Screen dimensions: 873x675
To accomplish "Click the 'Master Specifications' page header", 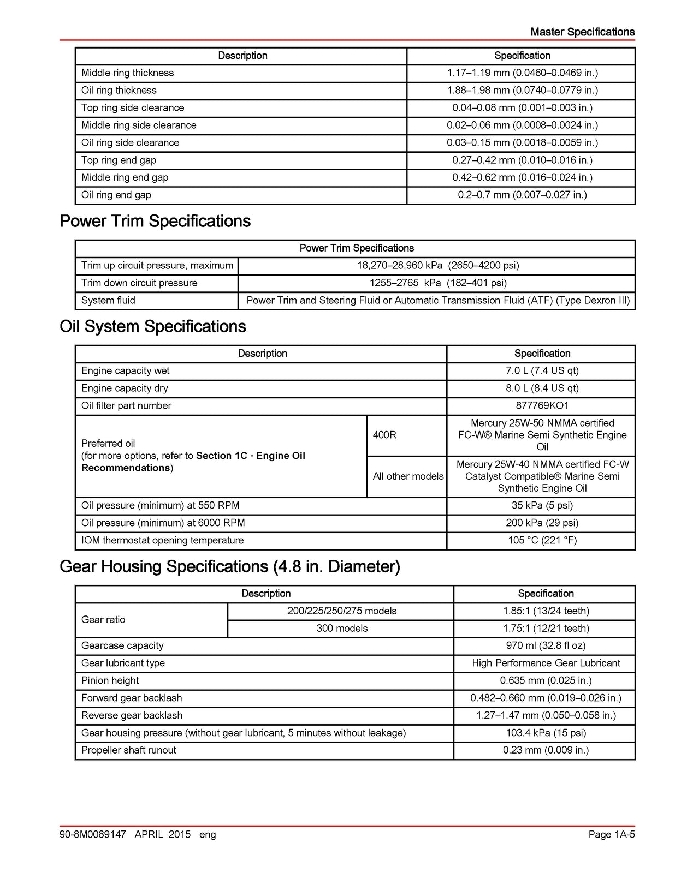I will coord(582,32).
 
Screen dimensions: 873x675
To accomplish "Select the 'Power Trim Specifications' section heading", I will coord(155,221).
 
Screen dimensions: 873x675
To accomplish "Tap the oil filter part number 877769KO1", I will coord(542,405).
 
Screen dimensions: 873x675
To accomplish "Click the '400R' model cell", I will coord(384,435).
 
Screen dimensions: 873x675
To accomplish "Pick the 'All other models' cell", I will coord(408,476).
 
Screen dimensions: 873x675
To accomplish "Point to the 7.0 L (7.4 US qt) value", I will coord(542,370).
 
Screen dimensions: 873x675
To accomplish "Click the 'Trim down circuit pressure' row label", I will coord(139,283).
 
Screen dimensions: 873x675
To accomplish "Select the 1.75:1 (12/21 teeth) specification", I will coord(546,628).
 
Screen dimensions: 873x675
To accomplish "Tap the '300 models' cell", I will coord(342,628).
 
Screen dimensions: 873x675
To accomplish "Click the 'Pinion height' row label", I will coord(110,680).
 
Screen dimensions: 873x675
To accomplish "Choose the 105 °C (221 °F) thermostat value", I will coord(542,540).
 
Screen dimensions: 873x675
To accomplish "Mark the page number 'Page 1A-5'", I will coord(611,834).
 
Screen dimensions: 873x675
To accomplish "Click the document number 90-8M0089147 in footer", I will coord(93,834).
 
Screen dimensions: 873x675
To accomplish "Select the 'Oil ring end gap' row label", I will coord(116,195).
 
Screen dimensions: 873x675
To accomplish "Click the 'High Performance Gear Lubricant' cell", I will coord(546,663).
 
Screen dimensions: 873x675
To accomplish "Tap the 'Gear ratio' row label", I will coord(103,619).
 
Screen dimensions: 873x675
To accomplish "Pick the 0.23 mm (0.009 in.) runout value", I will coord(546,750).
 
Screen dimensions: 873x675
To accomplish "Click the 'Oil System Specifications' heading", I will coord(153,326).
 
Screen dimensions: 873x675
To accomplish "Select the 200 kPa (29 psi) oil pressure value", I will coord(542,523).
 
